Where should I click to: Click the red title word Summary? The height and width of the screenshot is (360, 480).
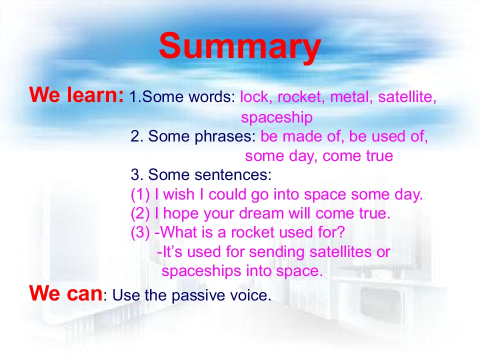[239, 46]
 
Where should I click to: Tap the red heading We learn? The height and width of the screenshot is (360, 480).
[76, 94]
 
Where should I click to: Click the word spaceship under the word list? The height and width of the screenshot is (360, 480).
[276, 117]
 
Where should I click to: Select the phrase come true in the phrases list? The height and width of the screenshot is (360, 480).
[357, 156]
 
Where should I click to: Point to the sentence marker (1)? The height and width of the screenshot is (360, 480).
[140, 194]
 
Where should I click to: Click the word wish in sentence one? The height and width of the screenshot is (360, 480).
[179, 194]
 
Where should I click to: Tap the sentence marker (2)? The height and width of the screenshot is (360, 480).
[140, 213]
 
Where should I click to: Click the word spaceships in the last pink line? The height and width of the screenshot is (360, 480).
[201, 271]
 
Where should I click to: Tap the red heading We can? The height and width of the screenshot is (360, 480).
[66, 293]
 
